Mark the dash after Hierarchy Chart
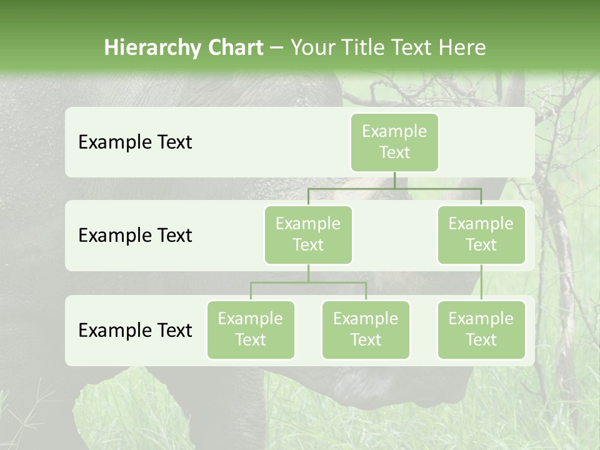click(277, 48)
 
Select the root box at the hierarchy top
click(394, 142)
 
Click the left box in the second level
click(308, 234)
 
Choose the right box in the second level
click(481, 234)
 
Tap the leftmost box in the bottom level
click(251, 329)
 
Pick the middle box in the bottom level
click(366, 329)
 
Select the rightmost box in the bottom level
click(481, 329)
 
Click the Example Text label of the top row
click(135, 142)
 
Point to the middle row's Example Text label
click(135, 236)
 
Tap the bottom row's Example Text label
click(135, 330)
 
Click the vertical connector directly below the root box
click(394, 180)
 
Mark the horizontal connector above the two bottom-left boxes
click(308, 282)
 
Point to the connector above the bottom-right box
click(481, 282)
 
